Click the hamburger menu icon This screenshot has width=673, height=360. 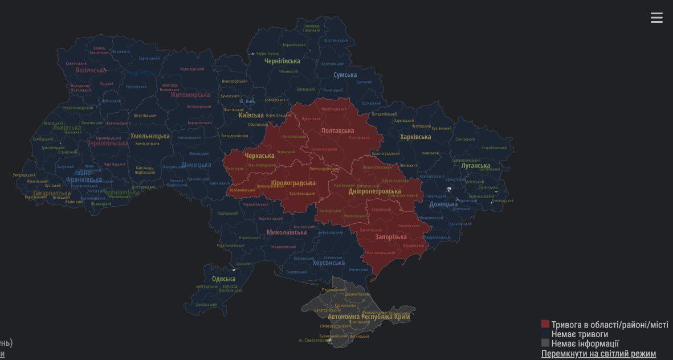pos(656,18)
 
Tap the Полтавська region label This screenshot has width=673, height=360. pos(337,131)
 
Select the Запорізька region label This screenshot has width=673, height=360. pos(391,237)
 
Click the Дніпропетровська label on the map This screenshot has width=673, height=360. pos(374,191)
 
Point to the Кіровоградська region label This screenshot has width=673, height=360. pos(293,183)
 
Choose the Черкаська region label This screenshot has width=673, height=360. pos(259,156)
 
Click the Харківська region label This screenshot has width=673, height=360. pos(415,137)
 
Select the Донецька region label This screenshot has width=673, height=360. pos(443,204)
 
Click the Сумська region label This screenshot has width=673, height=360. pos(345,75)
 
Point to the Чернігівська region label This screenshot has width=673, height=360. pos(282,61)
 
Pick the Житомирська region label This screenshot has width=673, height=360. pos(190,95)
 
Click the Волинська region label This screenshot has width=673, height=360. pos(91,71)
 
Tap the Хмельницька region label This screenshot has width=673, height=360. pos(150,136)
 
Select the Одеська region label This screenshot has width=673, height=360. pos(223,279)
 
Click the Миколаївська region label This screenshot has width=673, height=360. pos(287,232)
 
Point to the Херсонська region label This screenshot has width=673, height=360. pos(329,263)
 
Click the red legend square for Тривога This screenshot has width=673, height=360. pos(545,325)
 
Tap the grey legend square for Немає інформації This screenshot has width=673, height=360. pos(545,343)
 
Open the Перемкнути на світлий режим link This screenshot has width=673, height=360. pos(598,354)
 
